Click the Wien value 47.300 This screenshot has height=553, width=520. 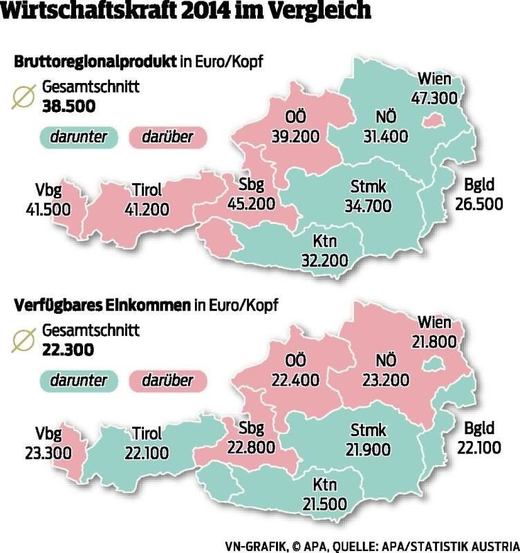point(435,97)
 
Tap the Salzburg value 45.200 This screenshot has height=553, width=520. point(251,203)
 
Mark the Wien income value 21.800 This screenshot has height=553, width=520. point(434,341)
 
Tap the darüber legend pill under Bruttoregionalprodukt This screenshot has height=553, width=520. point(169,136)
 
